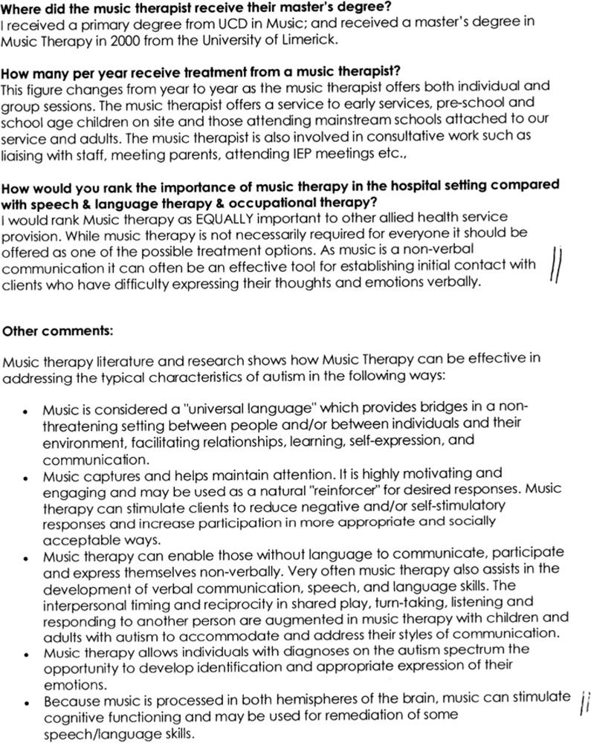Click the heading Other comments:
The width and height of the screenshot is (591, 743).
49,330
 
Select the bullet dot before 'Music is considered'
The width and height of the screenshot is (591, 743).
25,410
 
